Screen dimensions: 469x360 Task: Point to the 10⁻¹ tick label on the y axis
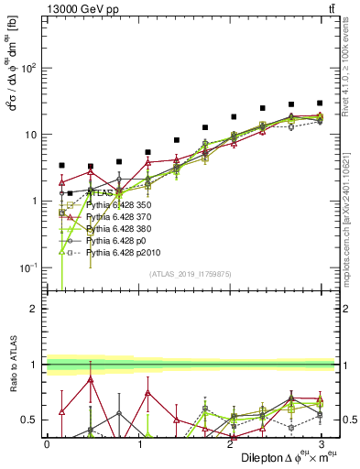pyautogui.click(x=29, y=267)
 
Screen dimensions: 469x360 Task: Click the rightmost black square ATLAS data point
pyautogui.click(x=320, y=104)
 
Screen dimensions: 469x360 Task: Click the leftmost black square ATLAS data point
pyautogui.click(x=61, y=166)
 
